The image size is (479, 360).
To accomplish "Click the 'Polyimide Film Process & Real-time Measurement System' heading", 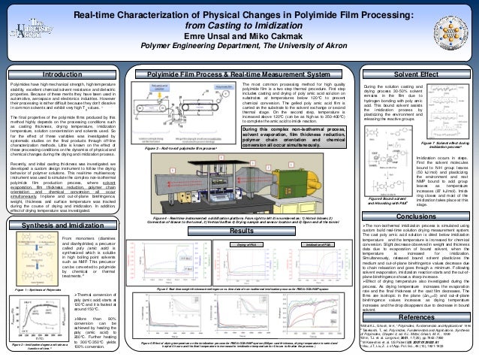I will click(x=238, y=75).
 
